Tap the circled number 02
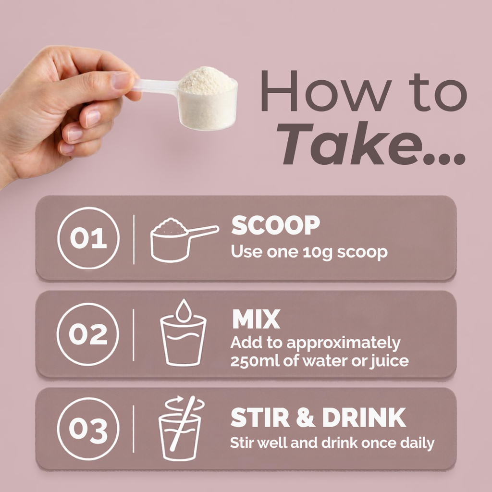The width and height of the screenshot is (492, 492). click(88, 334)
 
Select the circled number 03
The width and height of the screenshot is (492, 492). click(88, 429)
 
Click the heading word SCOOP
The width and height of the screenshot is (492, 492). click(275, 225)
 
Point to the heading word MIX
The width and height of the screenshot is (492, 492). click(256, 319)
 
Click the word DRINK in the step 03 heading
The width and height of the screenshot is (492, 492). click(364, 418)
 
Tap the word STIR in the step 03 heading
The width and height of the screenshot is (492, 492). click(260, 418)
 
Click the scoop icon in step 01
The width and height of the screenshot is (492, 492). click(184, 240)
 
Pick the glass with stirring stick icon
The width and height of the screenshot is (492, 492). click(181, 428)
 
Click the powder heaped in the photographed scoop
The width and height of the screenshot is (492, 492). click(207, 81)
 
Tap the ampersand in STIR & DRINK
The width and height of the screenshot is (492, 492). click(306, 418)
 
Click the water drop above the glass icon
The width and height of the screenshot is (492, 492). click(184, 311)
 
